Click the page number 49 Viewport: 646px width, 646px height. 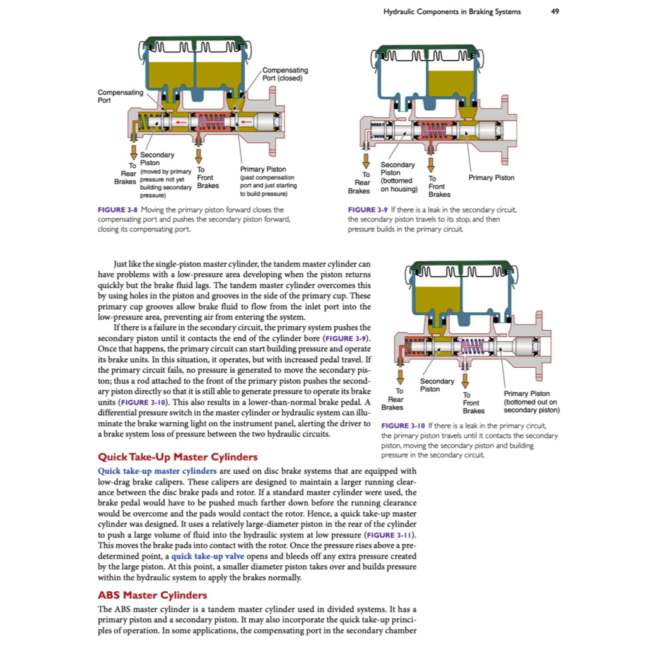coord(555,11)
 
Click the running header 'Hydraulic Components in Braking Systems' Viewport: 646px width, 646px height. coord(452,11)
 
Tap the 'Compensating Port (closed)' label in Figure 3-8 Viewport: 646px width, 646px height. coord(285,74)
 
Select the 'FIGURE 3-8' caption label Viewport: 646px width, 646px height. coord(118,209)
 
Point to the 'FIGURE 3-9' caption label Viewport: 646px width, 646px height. coord(368,209)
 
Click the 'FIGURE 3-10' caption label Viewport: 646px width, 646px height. coord(403,426)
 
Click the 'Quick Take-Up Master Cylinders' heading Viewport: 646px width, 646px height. coord(177,457)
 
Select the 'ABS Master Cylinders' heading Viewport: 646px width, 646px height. coord(152,595)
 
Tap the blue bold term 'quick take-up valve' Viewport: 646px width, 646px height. coord(208,556)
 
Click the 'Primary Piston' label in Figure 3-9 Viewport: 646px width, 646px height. coord(491,178)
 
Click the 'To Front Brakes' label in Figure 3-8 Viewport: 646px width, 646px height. coord(208,178)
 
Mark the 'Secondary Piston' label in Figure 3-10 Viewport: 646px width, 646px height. coord(437,385)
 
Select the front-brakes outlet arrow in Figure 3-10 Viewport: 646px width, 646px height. coord(466,380)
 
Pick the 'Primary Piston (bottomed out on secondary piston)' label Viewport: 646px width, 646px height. coord(531,402)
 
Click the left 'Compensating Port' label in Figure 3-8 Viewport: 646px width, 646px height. coord(120,96)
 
